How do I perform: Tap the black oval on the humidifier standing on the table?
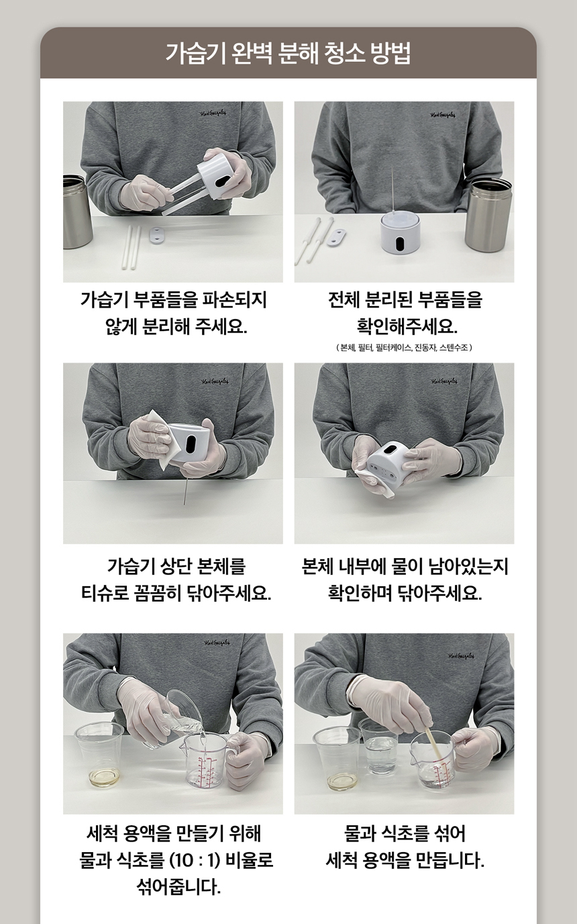point(402,244)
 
